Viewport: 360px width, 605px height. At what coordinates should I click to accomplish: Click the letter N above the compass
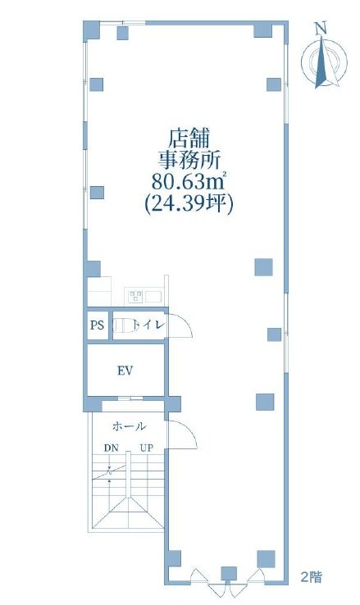click(x=321, y=29)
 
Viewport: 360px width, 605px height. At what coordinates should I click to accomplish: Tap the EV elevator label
click(x=125, y=371)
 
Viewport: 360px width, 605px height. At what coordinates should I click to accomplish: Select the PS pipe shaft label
click(x=98, y=325)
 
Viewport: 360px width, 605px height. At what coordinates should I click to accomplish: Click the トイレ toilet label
click(x=148, y=325)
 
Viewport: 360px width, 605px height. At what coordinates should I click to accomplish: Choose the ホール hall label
click(x=129, y=426)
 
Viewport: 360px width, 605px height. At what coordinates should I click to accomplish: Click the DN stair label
click(x=112, y=448)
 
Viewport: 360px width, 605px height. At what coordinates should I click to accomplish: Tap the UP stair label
click(x=146, y=448)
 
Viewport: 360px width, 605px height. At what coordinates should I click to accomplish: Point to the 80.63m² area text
click(x=189, y=181)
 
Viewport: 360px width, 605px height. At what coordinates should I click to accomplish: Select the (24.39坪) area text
click(x=189, y=203)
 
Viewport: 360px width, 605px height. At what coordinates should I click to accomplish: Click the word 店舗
click(x=189, y=139)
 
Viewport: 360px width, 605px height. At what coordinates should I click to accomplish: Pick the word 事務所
click(x=189, y=160)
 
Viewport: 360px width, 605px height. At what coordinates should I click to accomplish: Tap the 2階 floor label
click(x=311, y=577)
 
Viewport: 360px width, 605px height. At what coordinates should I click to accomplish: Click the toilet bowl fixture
click(x=123, y=325)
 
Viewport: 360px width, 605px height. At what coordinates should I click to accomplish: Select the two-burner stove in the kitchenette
click(x=135, y=296)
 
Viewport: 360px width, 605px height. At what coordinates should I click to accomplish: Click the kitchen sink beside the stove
click(x=153, y=296)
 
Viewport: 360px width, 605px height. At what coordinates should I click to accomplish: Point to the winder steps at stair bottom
click(x=129, y=512)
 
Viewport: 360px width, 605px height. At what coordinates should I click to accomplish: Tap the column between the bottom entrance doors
click(x=229, y=573)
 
